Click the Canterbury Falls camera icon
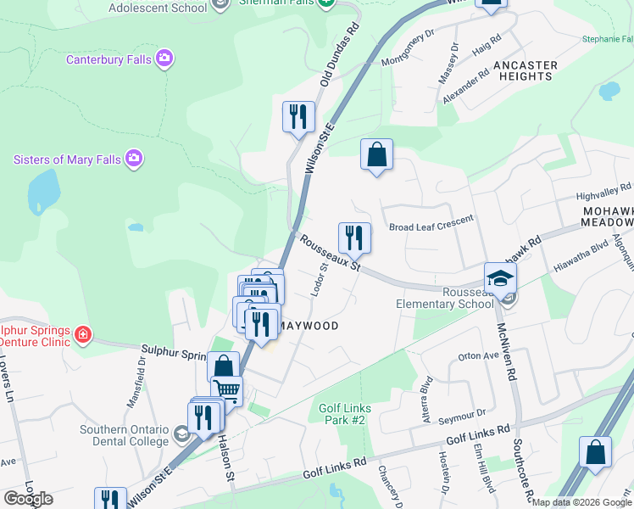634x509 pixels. (x=164, y=59)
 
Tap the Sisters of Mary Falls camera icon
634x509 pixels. (x=133, y=159)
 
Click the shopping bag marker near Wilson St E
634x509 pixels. (x=376, y=154)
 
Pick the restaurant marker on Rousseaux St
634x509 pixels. (x=354, y=238)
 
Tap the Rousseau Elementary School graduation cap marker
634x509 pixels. (x=500, y=277)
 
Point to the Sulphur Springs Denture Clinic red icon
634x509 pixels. (x=82, y=333)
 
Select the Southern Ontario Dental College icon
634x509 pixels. (x=181, y=435)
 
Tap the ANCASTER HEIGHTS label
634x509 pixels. (x=525, y=70)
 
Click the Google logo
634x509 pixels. (x=28, y=499)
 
